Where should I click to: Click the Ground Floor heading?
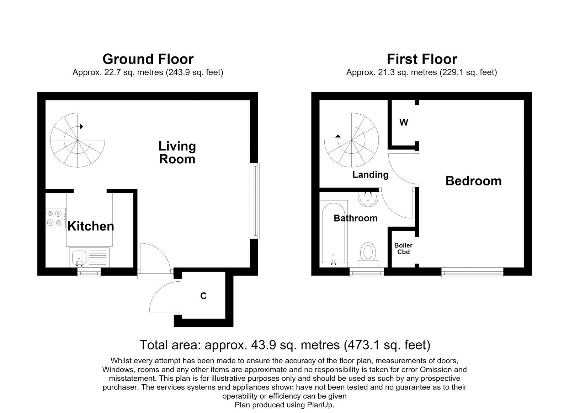[x=148, y=59]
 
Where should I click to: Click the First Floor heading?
[x=422, y=59]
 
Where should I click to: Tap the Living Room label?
[x=177, y=153]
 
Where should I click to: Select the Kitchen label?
[x=91, y=226]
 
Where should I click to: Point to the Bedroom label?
[x=473, y=181]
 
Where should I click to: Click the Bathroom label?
[x=355, y=218]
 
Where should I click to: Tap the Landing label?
[x=370, y=175]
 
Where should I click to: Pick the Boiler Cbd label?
[x=403, y=249]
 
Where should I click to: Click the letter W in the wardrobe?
[x=404, y=122]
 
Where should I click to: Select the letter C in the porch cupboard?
[x=203, y=296]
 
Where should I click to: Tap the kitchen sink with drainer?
[x=89, y=257]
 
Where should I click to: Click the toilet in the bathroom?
[x=368, y=255]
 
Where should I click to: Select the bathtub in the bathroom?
[x=333, y=233]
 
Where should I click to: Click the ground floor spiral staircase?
[x=78, y=140]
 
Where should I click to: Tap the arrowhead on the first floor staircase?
[x=338, y=136]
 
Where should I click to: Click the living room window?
[x=255, y=201]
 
